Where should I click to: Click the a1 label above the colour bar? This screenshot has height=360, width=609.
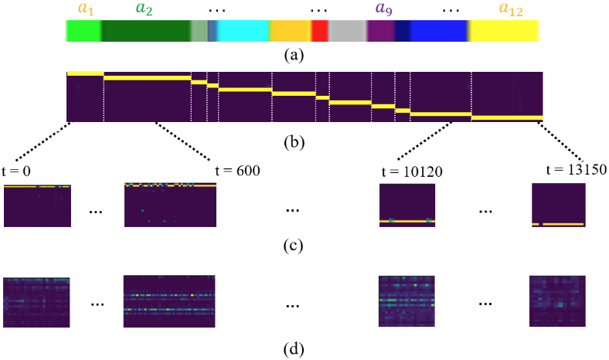86,10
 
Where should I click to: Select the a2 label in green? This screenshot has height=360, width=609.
144,10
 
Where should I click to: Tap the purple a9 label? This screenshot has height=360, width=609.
382,10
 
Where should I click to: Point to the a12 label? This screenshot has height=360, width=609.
510,10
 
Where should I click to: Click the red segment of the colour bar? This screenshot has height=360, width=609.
319,31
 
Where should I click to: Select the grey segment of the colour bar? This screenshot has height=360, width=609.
347,31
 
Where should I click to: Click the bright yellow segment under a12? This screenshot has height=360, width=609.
505,31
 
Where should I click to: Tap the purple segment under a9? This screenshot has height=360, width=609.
381,31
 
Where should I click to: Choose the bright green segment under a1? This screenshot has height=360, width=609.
83,31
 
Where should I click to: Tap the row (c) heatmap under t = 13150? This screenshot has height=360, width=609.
558,205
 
